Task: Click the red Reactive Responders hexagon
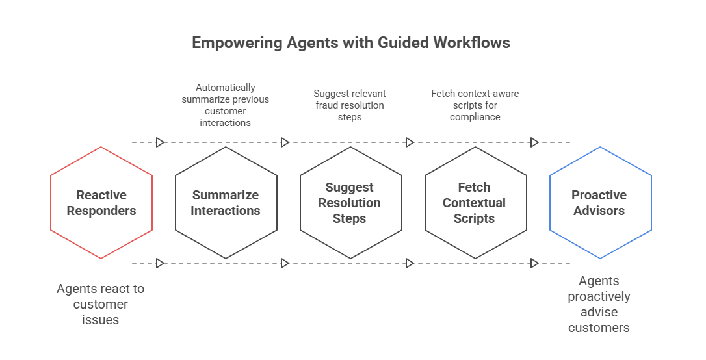tap(101, 203)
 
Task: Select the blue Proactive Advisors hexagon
tap(600, 203)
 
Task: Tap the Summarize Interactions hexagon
tap(226, 203)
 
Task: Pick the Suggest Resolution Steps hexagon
tap(350, 203)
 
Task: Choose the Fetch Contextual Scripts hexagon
tap(475, 203)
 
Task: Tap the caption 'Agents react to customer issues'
tap(101, 304)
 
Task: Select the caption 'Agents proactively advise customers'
tap(599, 304)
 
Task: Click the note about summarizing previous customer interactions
tap(226, 105)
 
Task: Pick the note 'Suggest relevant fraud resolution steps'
tap(349, 105)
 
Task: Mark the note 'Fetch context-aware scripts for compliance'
tap(475, 105)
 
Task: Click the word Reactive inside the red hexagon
tap(101, 195)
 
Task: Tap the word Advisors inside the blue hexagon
tap(599, 211)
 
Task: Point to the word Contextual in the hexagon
tap(475, 203)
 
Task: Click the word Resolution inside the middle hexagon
tap(349, 203)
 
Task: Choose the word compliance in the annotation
tap(475, 117)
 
